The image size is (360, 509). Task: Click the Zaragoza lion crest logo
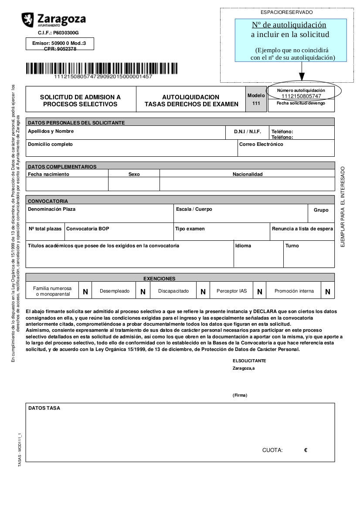27,19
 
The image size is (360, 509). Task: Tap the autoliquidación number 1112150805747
301,96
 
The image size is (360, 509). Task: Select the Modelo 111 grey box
256,99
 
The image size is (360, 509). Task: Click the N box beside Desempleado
143,292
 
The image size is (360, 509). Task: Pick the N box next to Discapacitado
203,292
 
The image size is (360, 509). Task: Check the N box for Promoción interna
328,292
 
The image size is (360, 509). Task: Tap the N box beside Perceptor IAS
259,292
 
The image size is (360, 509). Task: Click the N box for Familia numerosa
85,292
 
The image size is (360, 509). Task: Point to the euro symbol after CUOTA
306,450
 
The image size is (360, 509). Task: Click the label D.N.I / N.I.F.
247,131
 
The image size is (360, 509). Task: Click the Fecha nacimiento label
48,174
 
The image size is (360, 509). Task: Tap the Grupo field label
321,210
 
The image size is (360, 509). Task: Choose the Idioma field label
243,246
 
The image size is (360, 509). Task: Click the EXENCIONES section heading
160,279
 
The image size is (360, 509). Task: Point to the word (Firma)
240,395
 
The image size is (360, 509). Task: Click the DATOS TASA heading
44,408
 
